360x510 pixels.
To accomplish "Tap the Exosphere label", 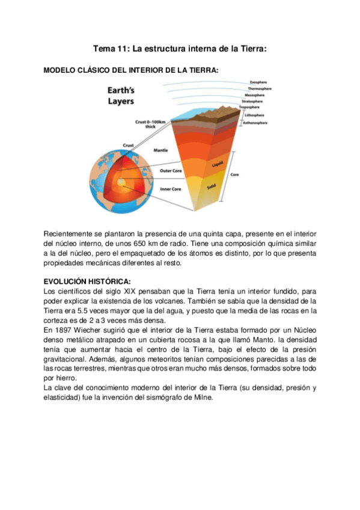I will click(258, 82).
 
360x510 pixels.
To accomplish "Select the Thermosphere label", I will click(261, 88).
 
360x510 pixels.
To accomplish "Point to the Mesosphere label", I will click(260, 94).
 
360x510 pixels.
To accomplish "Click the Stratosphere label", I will click(260, 101).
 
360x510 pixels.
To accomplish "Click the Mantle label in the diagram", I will click(160, 150).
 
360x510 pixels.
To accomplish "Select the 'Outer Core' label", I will click(170, 171).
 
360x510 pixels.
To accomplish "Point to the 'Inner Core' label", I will click(170, 189).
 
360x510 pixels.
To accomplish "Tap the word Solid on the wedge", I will click(212, 187).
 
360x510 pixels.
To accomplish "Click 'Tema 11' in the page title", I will click(110, 49).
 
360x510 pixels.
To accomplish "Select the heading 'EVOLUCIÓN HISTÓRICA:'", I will click(87, 281).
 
